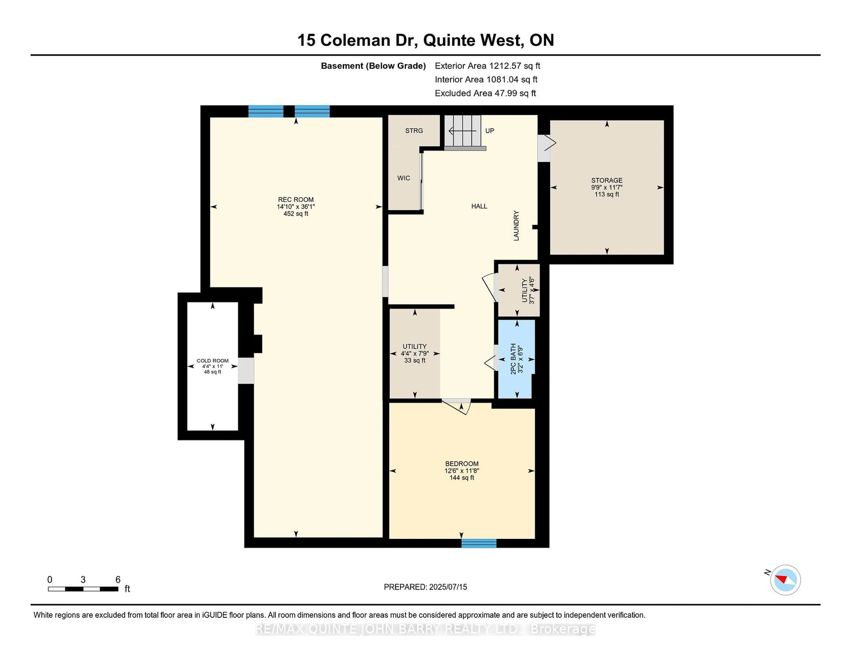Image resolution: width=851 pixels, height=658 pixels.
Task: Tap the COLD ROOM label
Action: click(212, 360)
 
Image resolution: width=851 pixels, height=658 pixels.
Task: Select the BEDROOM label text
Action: click(462, 464)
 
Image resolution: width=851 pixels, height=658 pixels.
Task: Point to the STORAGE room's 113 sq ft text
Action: click(607, 194)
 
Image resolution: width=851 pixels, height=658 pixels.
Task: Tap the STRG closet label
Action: click(414, 131)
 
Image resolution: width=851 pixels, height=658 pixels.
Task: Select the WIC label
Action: click(404, 178)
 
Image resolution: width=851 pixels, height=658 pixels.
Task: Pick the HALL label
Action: click(479, 206)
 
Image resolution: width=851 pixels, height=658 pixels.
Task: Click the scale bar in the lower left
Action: click(83, 589)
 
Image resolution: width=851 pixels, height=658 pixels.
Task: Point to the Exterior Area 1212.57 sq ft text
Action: click(487, 66)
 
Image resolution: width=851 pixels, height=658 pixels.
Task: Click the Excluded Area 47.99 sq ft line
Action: click(485, 93)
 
